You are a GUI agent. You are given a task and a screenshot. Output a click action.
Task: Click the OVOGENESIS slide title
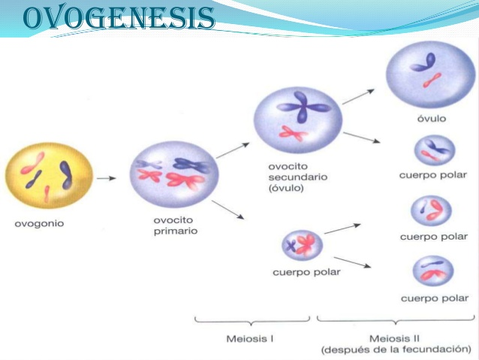119,18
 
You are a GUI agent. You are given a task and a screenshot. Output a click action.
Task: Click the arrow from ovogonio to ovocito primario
107,179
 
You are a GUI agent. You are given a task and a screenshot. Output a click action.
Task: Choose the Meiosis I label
250,339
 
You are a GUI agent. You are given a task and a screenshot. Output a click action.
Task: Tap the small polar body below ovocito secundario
302,244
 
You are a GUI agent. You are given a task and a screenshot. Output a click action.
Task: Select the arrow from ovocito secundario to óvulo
359,95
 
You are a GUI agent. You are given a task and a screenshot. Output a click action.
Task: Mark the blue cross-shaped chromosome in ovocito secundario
302,105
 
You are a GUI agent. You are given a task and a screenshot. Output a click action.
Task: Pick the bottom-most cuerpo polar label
433,298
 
